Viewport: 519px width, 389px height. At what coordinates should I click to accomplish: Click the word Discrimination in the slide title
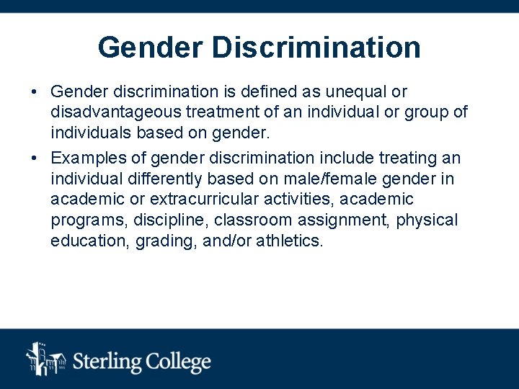point(316,48)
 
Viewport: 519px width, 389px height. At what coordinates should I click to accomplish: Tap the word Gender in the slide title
point(151,48)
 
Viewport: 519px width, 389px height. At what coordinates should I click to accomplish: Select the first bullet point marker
point(34,92)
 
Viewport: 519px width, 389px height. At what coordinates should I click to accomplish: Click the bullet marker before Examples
point(34,158)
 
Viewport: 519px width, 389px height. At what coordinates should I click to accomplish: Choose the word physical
point(427,220)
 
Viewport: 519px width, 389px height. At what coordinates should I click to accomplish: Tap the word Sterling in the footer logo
point(108,361)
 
